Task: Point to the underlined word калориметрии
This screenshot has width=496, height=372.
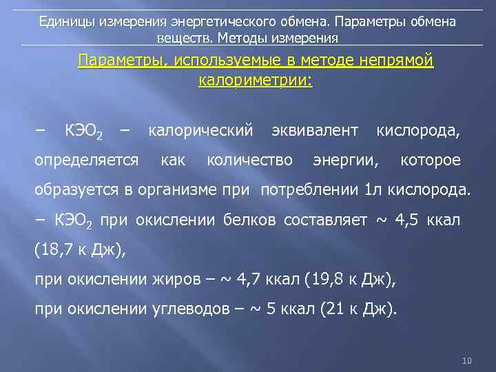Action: [255, 81]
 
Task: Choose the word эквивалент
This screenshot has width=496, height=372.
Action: [315, 130]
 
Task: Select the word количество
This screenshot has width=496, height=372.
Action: [249, 161]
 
